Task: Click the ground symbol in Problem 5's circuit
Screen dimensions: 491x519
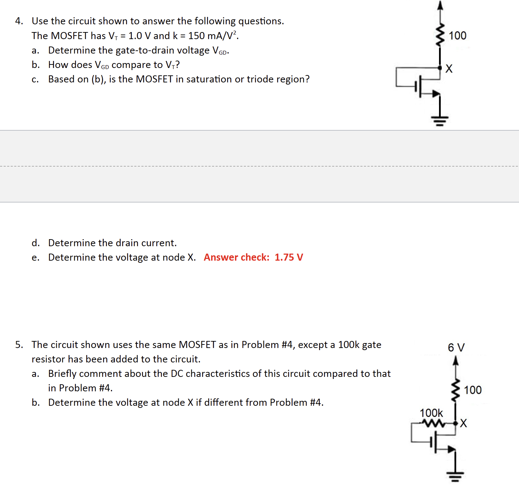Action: pos(455,477)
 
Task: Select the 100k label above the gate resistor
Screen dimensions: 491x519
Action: pos(431,413)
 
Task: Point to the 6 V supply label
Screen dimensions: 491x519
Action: pos(456,348)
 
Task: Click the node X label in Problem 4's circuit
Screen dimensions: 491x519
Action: pos(449,68)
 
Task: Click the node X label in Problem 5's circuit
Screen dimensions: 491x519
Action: pos(463,423)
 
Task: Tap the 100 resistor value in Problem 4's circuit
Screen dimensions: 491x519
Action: pos(457,36)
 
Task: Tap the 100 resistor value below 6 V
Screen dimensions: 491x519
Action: pos(472,390)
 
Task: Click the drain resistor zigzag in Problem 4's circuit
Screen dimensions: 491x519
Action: pos(440,35)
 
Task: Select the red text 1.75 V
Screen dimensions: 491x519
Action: pos(289,257)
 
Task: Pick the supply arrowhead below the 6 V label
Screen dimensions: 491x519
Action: pos(456,360)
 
